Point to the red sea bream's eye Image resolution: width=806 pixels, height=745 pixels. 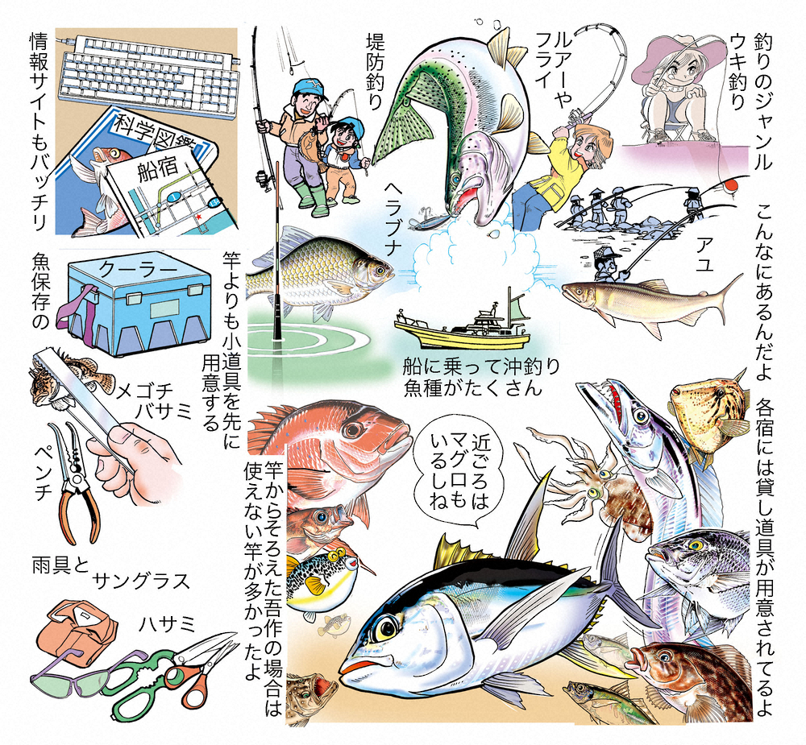click(x=354, y=429)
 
